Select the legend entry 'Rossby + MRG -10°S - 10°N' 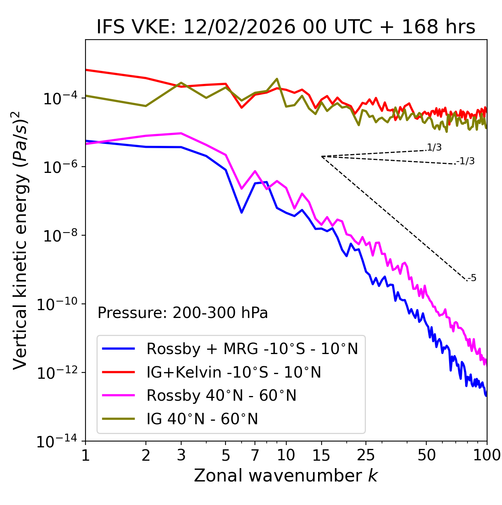click(252, 349)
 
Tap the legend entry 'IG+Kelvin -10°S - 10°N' click(234, 372)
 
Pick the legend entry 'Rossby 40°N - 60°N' click(221, 396)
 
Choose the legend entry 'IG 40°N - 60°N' click(202, 419)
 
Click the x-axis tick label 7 click(255, 455)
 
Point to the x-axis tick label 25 click(366, 455)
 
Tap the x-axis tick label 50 click(426, 455)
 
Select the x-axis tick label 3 click(181, 455)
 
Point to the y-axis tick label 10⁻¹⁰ click(57, 304)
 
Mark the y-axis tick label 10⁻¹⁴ click(57, 442)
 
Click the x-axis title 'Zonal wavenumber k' click(286, 476)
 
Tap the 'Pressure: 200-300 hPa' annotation click(182, 313)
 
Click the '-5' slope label click(472, 278)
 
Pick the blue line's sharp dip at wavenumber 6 click(242, 213)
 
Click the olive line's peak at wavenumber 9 click(277, 79)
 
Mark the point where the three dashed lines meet click(322, 156)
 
